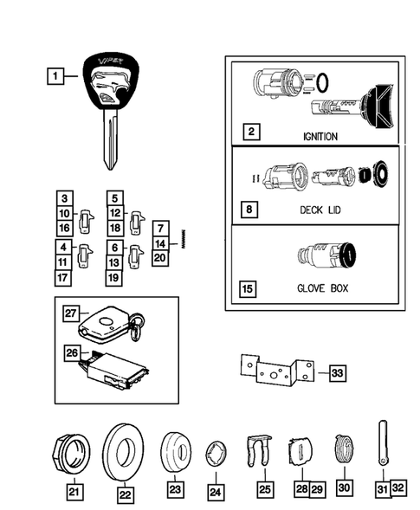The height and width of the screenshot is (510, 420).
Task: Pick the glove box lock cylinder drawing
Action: (327, 257)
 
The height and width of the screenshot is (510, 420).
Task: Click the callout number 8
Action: (249, 210)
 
